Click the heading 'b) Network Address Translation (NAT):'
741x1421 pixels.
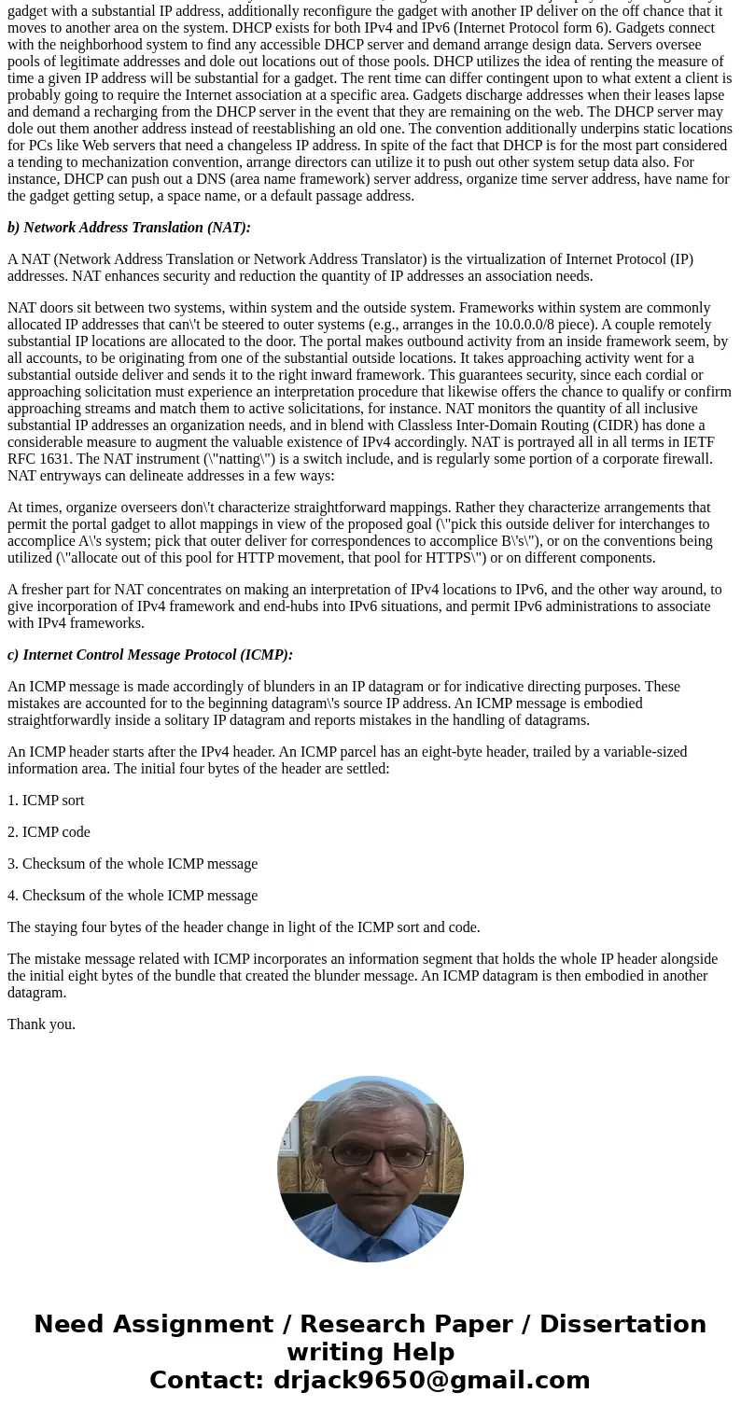(x=129, y=228)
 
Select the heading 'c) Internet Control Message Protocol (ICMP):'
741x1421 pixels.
(x=150, y=655)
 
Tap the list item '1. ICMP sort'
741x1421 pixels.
(x=46, y=801)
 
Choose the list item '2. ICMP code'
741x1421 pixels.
(x=49, y=832)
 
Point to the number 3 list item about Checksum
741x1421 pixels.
(x=133, y=864)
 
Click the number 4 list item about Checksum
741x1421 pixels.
(x=133, y=896)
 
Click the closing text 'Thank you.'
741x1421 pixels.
(x=41, y=1024)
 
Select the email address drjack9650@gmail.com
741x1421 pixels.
(x=431, y=1381)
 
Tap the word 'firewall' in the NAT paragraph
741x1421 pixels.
(x=686, y=459)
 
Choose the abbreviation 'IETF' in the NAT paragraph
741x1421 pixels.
(x=696, y=442)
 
